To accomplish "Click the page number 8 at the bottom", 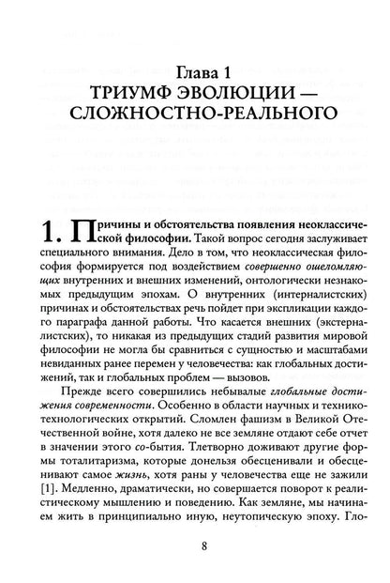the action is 195,548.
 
